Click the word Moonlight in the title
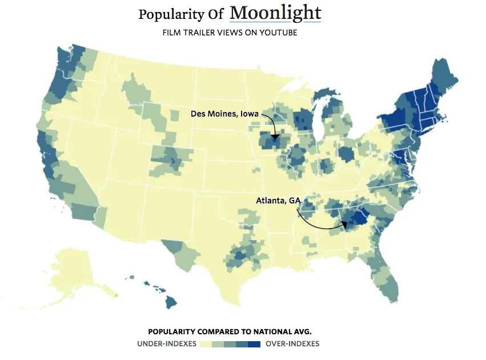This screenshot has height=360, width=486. tap(275, 13)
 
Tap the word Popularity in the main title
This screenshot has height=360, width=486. tap(170, 14)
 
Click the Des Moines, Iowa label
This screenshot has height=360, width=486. tap(224, 114)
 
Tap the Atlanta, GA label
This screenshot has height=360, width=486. tap(279, 201)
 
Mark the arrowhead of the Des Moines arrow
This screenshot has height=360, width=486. tap(275, 138)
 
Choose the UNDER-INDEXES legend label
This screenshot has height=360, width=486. tap(166, 344)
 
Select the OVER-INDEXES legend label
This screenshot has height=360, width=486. tap(292, 344)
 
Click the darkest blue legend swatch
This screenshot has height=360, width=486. tap(255, 344)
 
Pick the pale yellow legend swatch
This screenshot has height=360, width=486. tap(205, 344)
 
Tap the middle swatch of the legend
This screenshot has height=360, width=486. tap(230, 344)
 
